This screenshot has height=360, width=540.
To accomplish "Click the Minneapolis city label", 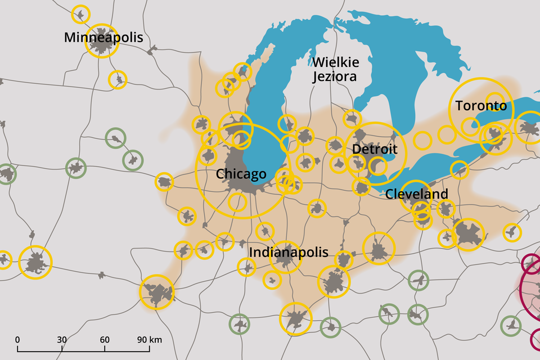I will pyautogui.click(x=103, y=38).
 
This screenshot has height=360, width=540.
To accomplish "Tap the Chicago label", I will pyautogui.click(x=241, y=174).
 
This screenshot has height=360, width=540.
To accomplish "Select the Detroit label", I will pyautogui.click(x=375, y=149).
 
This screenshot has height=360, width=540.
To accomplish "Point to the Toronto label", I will pyautogui.click(x=481, y=106).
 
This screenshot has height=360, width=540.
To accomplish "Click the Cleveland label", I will pyautogui.click(x=417, y=195).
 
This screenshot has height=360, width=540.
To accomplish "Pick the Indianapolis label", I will pyautogui.click(x=289, y=252).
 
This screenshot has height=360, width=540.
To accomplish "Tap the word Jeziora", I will pyautogui.click(x=335, y=76).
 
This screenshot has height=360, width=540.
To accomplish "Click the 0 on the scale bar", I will pyautogui.click(x=17, y=340).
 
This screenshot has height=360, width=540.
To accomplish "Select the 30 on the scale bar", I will pyautogui.click(x=62, y=340).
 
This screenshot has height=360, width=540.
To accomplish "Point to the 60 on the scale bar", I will pyautogui.click(x=105, y=340).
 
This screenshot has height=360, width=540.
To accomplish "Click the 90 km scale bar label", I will pyautogui.click(x=149, y=340).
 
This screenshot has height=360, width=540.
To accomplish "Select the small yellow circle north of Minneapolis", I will pyautogui.click(x=81, y=14).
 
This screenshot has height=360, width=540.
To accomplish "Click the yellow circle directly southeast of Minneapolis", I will pyautogui.click(x=118, y=80).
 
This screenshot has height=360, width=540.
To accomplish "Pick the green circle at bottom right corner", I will pyautogui.click(x=510, y=325).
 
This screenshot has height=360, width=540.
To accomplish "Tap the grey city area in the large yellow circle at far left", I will pyautogui.click(x=35, y=263).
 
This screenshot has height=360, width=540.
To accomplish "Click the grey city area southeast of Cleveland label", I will pyautogui.click(x=468, y=234).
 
